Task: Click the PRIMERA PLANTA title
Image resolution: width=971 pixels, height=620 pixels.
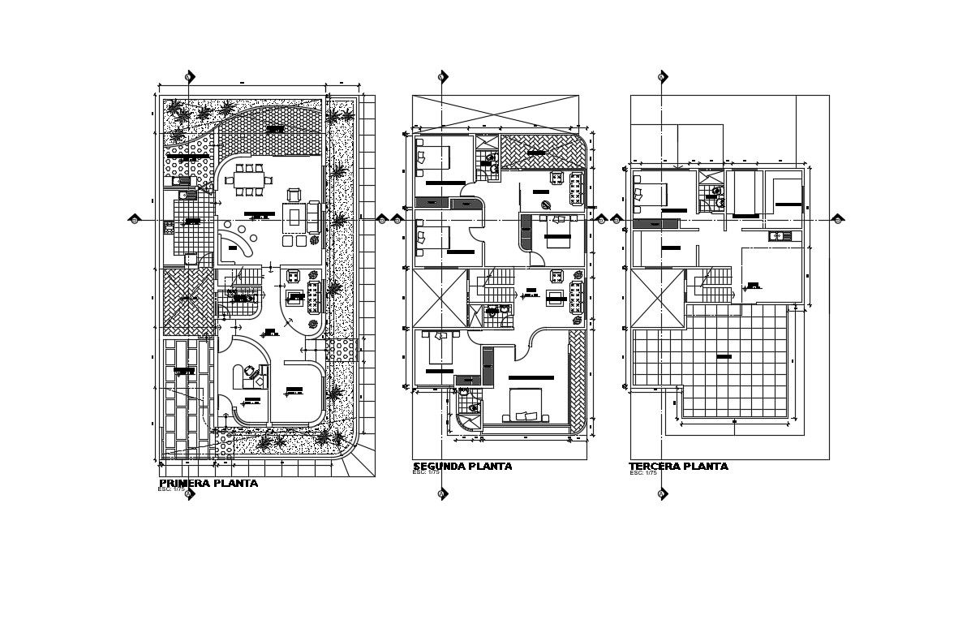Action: pos(208,484)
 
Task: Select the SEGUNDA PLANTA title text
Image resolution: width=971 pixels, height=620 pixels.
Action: pos(462,467)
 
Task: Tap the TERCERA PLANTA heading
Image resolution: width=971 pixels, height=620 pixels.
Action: pos(678,467)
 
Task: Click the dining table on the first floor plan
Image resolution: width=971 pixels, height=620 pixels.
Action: pos(249,180)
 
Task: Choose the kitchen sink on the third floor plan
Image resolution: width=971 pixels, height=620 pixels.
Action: pos(780,236)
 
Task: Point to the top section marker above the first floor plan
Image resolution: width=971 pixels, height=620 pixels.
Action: pos(189,77)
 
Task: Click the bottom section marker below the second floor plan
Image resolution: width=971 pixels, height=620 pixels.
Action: pos(442,493)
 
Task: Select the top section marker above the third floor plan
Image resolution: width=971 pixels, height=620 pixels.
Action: pos(662,77)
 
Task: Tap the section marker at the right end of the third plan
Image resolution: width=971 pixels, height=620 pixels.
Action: pos(837,219)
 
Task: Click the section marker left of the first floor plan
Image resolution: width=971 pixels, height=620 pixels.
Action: pos(135,219)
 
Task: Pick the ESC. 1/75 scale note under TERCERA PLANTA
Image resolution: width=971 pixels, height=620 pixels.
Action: pos(642,473)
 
